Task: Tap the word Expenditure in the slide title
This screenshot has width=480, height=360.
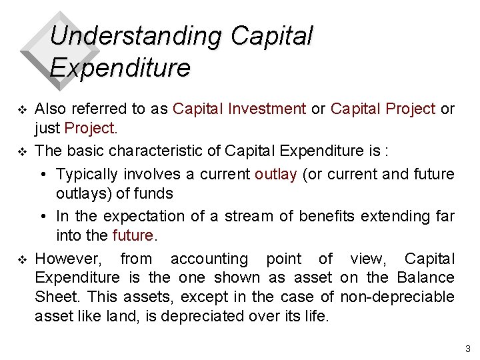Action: click(120, 68)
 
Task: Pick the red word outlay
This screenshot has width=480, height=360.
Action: click(275, 174)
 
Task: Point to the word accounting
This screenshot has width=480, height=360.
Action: click(208, 259)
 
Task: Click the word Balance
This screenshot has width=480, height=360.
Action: click(425, 277)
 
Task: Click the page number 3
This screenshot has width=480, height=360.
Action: click(467, 349)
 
